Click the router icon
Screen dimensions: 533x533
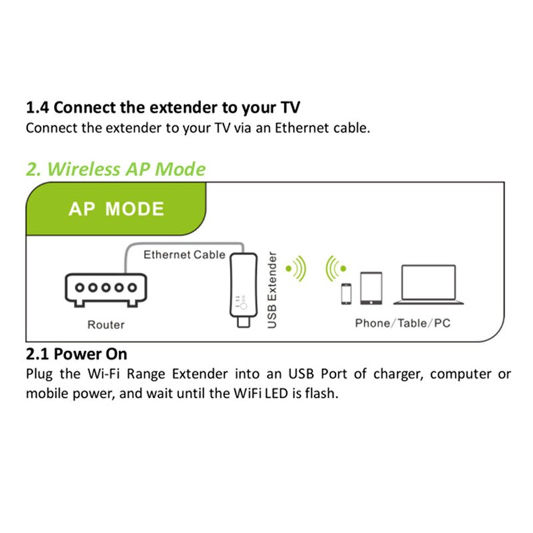point(104,289)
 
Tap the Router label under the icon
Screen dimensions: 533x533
point(106,325)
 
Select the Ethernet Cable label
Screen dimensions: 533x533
point(185,255)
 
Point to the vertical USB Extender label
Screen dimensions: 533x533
point(271,290)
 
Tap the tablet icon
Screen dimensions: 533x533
point(370,288)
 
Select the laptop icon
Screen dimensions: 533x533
point(428,285)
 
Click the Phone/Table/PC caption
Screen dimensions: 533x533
point(402,323)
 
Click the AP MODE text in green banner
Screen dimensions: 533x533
point(116,209)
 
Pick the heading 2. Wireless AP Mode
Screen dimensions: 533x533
point(116,169)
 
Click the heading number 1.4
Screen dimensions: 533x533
point(37,107)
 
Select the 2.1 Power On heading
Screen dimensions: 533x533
point(76,353)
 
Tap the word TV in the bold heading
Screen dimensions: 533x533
point(289,107)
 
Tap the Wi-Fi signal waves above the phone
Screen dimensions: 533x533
point(335,268)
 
